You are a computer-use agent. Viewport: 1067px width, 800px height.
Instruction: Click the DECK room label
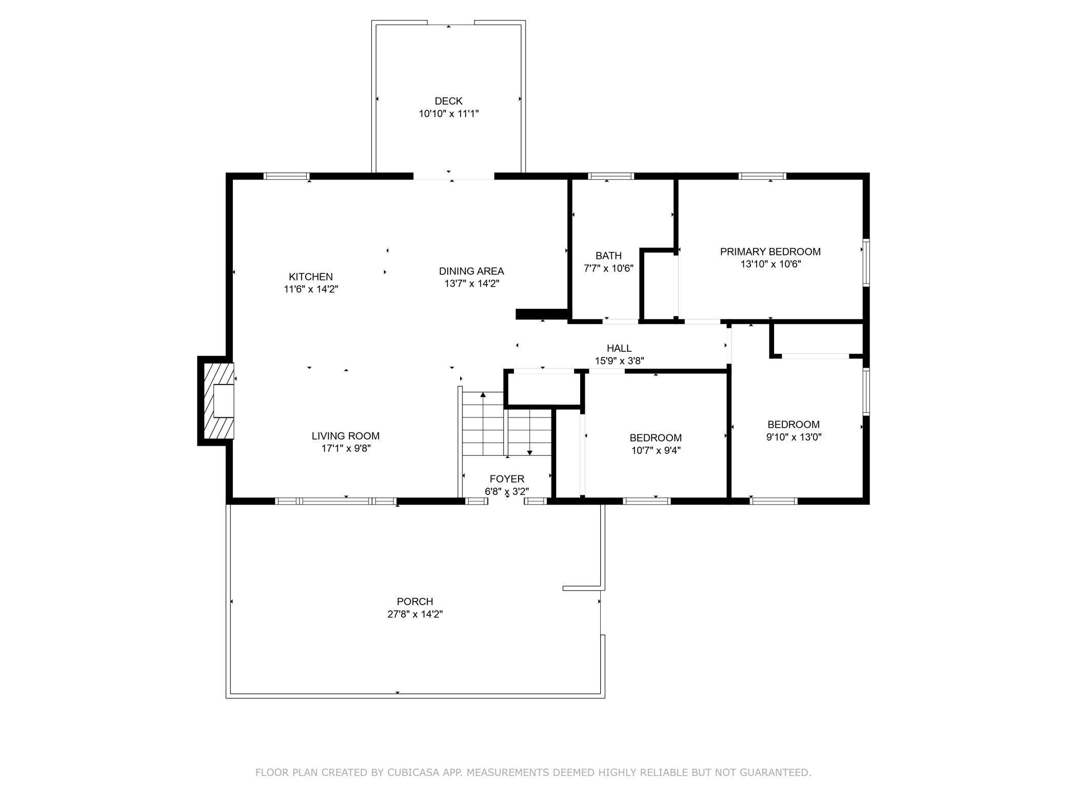tap(448, 101)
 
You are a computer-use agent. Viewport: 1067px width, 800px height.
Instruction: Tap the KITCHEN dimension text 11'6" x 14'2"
tap(311, 289)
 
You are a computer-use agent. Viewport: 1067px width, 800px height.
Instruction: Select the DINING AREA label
tap(471, 271)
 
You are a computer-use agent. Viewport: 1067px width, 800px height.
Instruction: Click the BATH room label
tap(608, 255)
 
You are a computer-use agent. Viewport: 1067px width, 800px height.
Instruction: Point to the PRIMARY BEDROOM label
tap(770, 251)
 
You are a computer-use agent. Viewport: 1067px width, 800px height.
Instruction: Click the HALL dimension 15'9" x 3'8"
tap(619, 361)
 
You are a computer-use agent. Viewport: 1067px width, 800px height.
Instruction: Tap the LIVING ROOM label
tap(345, 436)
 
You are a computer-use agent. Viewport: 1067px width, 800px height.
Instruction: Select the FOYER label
tap(507, 479)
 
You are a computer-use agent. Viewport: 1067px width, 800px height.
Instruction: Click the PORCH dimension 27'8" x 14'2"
tap(414, 614)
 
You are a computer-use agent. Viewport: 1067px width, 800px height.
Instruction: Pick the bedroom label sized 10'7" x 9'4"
tap(655, 438)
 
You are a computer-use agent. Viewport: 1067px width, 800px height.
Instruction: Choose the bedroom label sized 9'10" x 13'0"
tap(793, 425)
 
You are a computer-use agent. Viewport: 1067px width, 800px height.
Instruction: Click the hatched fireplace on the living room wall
tap(216, 401)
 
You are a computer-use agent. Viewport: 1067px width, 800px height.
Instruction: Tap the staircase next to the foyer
tap(505, 424)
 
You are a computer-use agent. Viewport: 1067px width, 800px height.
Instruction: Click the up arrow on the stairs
tap(483, 395)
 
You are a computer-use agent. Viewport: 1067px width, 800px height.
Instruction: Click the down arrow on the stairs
tap(530, 452)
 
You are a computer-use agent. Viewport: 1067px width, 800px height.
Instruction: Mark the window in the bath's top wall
tap(610, 176)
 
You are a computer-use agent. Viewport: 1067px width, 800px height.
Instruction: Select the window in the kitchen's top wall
tap(287, 176)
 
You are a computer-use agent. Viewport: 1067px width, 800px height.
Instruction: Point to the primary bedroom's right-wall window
tap(866, 262)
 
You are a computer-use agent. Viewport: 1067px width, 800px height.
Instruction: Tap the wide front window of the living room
tap(335, 501)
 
